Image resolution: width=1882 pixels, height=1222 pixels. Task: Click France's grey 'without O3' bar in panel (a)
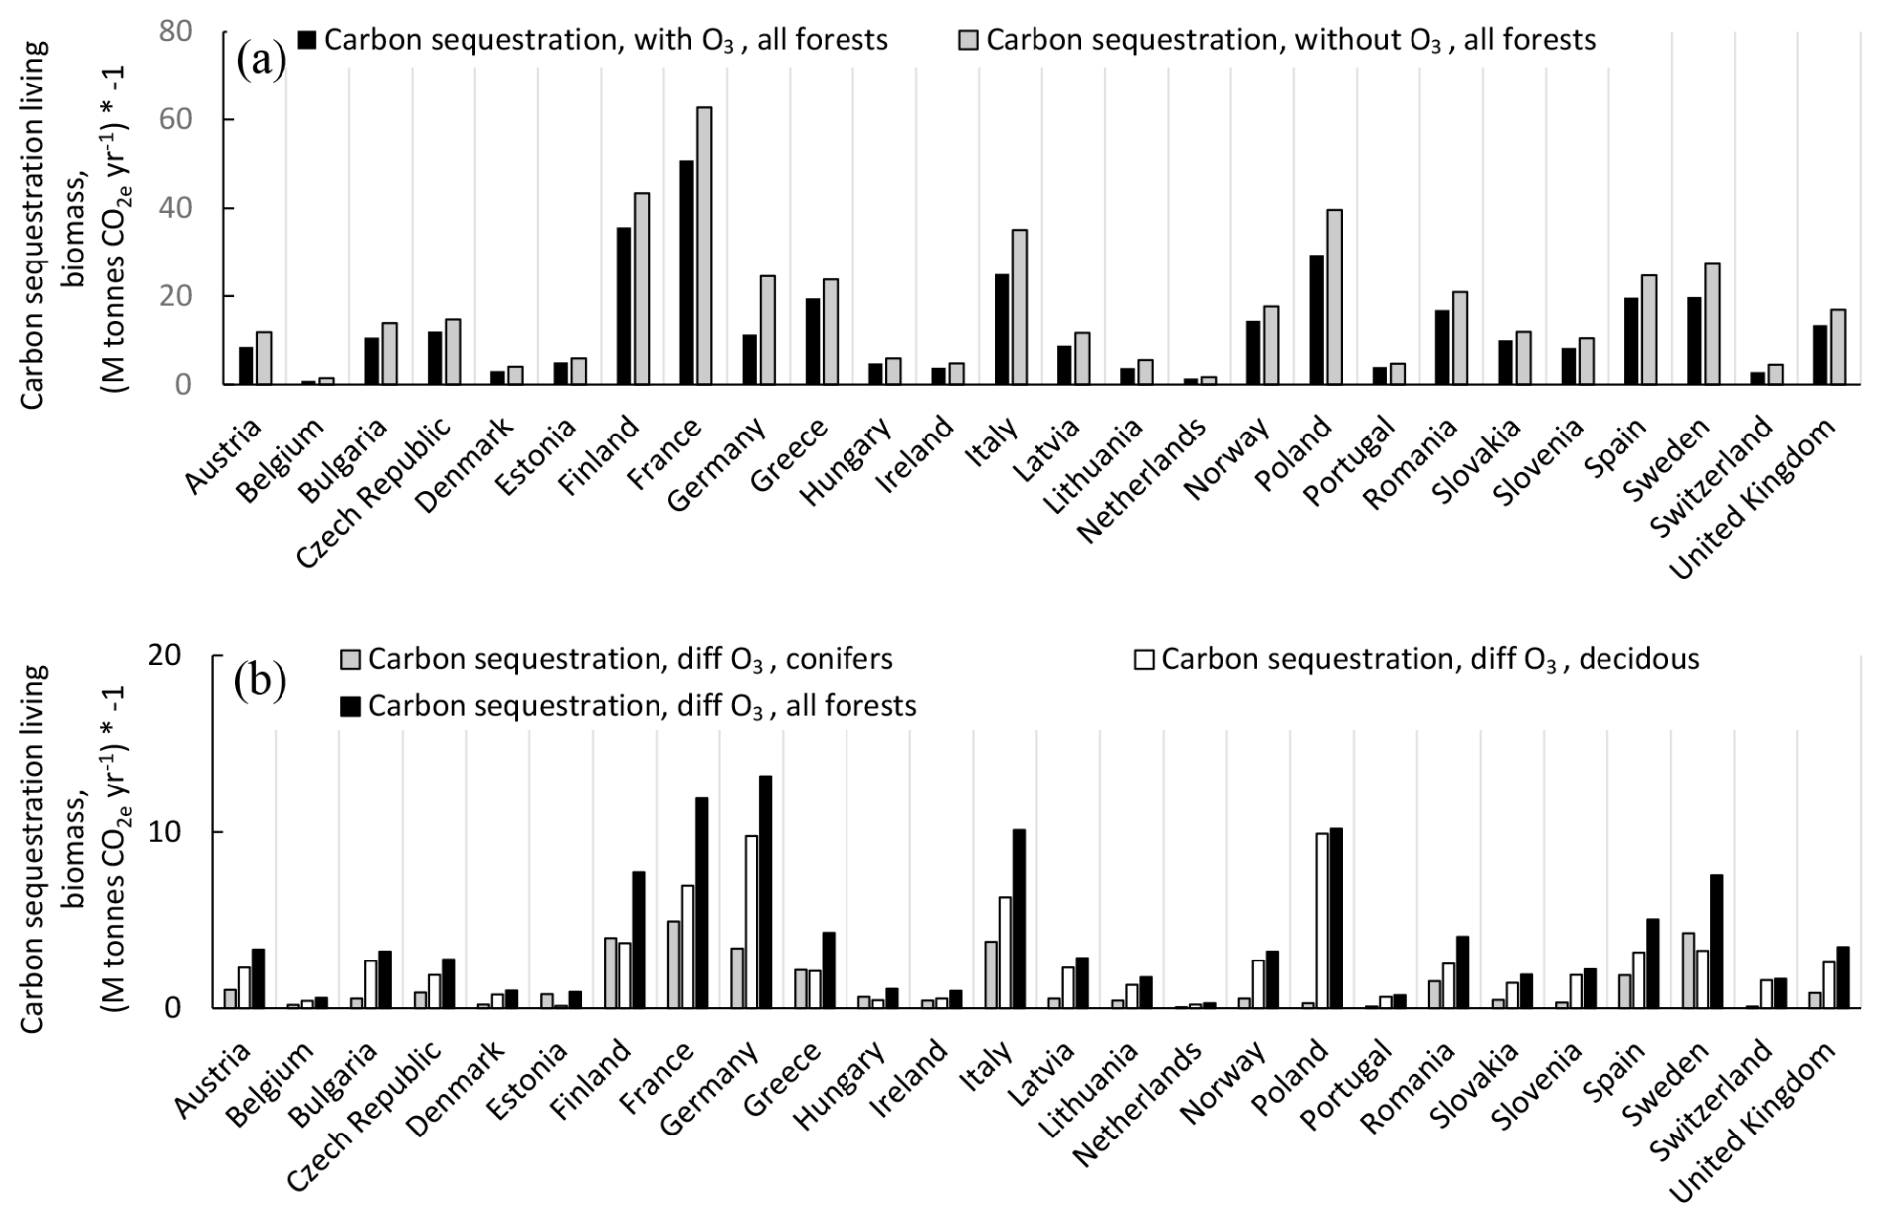point(704,246)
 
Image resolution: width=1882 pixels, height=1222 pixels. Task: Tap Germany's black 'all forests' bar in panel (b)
point(765,892)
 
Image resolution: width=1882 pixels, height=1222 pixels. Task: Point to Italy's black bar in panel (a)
point(1002,329)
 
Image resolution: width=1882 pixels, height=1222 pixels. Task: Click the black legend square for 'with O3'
point(307,40)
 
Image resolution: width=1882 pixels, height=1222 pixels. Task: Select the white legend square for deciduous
point(1145,660)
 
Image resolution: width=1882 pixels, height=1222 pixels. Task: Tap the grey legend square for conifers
point(351,660)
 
